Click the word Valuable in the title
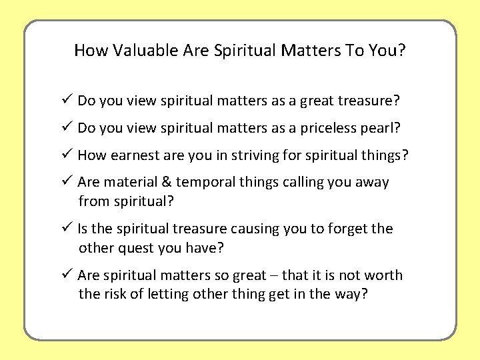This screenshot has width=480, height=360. coord(138,50)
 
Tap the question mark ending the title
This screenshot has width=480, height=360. coord(402,50)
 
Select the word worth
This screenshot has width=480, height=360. coord(385,275)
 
